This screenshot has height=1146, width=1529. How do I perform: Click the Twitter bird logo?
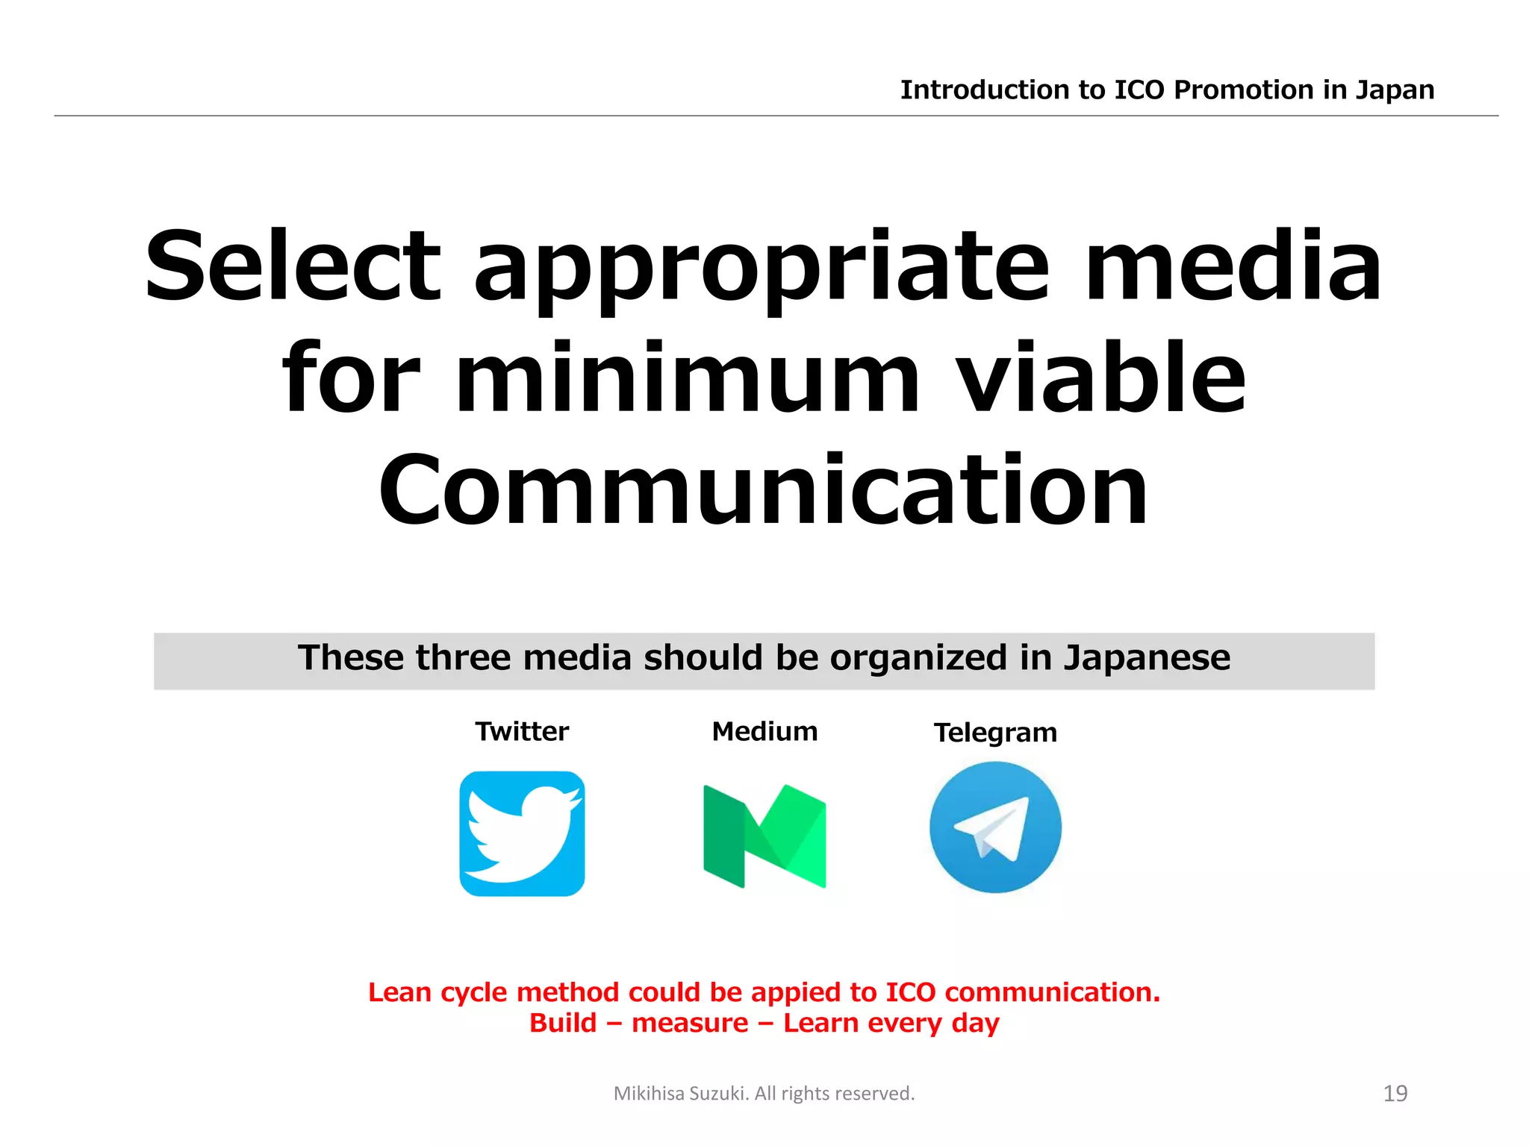tap(522, 833)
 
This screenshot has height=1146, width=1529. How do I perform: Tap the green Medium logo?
tap(764, 836)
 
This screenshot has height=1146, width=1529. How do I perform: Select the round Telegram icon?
tap(995, 827)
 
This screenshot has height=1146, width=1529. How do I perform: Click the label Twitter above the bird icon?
tap(522, 731)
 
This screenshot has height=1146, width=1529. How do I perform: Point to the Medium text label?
tap(764, 731)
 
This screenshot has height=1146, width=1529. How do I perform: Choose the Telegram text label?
tap(995, 733)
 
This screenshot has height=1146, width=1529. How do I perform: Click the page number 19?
tap(1395, 1093)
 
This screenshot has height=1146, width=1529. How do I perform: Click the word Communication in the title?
tap(763, 489)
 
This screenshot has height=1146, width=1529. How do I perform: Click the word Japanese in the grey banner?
tap(1147, 658)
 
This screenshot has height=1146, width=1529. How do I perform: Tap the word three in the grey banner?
tap(464, 658)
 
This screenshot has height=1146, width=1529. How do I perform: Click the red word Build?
tap(563, 1023)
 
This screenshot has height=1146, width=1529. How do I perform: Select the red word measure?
tap(690, 1023)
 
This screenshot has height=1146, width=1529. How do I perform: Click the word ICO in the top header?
tap(1139, 90)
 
